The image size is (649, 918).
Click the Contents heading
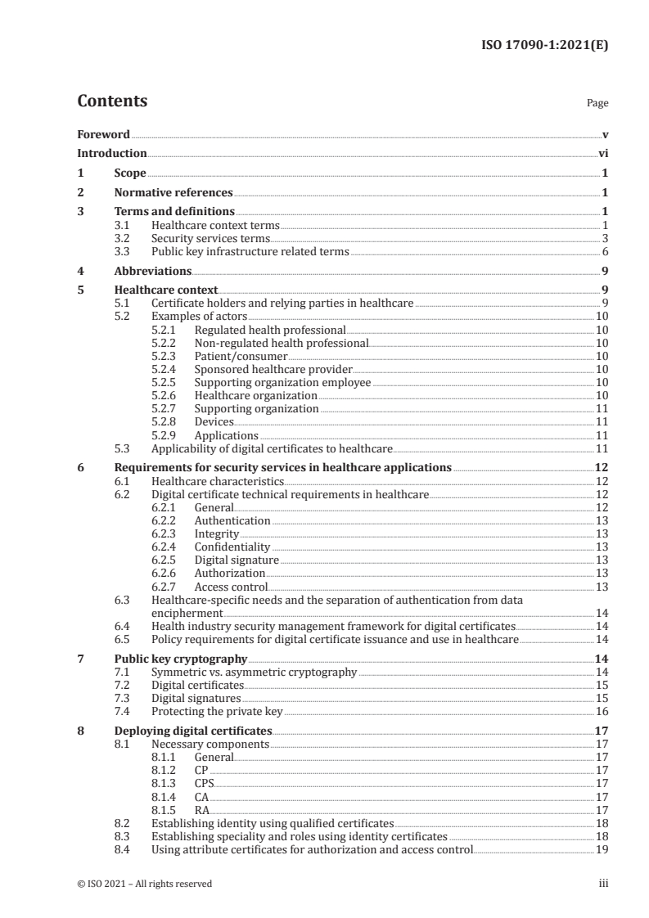112,101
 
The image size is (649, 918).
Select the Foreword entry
103,134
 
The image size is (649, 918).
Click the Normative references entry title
174,193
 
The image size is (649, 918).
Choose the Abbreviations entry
153,271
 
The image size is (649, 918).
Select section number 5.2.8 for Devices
165,421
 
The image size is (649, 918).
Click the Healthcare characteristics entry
218,482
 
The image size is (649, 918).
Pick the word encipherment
187,612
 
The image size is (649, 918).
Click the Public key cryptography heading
180,659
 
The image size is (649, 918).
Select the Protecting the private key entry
217,712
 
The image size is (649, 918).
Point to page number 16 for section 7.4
601,712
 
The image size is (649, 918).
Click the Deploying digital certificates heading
193,731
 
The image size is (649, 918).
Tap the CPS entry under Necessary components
204,783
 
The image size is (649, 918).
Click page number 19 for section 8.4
601,849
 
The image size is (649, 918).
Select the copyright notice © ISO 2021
144,884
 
